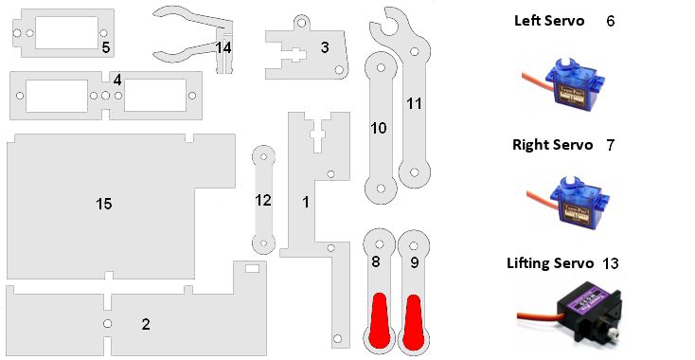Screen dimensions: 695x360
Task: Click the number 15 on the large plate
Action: (104, 204)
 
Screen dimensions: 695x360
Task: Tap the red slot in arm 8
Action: (380, 320)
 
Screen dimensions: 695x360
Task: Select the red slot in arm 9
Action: (413, 321)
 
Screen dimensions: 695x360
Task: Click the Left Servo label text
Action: (549, 21)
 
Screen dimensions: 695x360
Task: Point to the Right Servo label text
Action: (552, 145)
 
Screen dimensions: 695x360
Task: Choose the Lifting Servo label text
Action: (550, 263)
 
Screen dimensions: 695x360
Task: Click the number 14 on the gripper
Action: (223, 47)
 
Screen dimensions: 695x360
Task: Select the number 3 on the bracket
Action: (325, 47)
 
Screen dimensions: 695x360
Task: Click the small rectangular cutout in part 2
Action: (252, 268)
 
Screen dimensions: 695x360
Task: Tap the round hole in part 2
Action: (107, 324)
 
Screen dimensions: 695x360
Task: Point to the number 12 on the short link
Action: (263, 201)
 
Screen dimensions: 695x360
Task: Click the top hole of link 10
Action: (381, 68)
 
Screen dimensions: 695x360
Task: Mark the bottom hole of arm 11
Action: (415, 172)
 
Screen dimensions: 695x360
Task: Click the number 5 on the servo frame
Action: (105, 47)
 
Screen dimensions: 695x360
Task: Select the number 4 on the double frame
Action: (117, 81)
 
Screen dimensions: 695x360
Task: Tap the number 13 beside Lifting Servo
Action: (610, 263)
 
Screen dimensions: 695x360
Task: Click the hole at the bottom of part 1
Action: (337, 339)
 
